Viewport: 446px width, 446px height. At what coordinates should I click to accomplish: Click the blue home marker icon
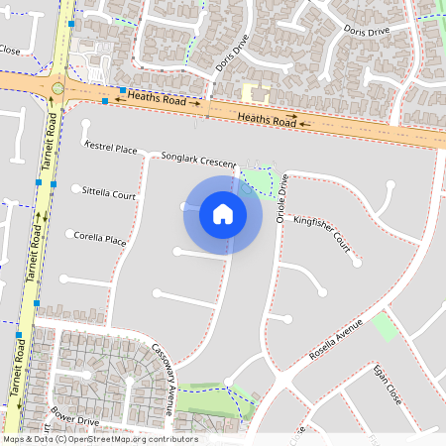point(223,214)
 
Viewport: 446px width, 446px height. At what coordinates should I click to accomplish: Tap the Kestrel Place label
point(112,149)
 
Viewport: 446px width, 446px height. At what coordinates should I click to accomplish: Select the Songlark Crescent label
point(199,159)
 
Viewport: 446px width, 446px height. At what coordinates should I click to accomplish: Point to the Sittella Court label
point(110,194)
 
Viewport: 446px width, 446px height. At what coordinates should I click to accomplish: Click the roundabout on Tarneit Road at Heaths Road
point(57,88)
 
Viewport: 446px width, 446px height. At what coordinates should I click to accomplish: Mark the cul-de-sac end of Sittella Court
point(76,187)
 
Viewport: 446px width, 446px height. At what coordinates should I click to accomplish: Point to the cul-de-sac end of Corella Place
point(70,235)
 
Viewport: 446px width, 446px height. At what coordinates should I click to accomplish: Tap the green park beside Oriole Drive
point(258,182)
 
